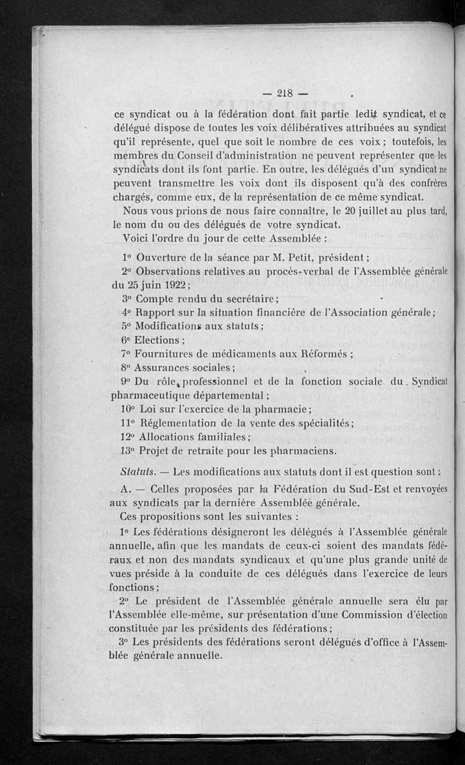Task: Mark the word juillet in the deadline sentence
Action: point(327,211)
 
